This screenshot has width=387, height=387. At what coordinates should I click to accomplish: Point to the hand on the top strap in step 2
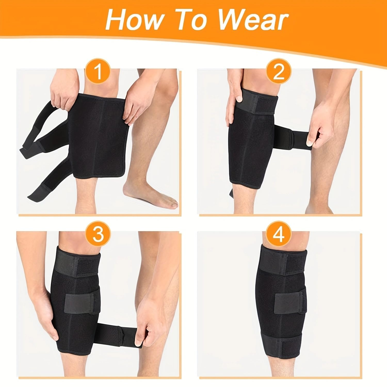[236, 98]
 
